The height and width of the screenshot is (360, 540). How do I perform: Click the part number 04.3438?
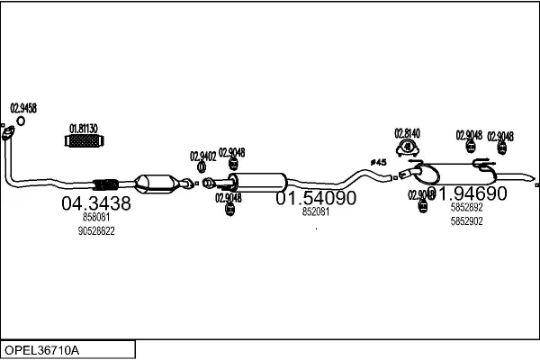pyautogui.click(x=95, y=204)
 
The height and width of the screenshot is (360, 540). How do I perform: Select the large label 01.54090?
pyautogui.click(x=315, y=198)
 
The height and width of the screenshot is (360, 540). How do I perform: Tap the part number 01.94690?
pyautogui.click(x=467, y=193)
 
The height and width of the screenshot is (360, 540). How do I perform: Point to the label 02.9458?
pyautogui.click(x=23, y=108)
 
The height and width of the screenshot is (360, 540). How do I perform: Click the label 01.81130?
pyautogui.click(x=84, y=128)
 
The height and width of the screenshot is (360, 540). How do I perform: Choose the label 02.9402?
pyautogui.click(x=202, y=156)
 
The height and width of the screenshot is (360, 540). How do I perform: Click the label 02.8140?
pyautogui.click(x=407, y=132)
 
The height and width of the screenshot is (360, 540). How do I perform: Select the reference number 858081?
pyautogui.click(x=95, y=218)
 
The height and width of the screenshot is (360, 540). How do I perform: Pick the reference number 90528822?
pyautogui.click(x=98, y=231)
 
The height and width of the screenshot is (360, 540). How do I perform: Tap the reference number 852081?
pyautogui.click(x=315, y=212)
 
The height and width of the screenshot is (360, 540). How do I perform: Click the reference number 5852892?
pyautogui.click(x=466, y=207)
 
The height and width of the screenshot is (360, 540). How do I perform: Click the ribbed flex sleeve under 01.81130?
pyautogui.click(x=85, y=142)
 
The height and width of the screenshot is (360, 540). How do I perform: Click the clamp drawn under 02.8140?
pyautogui.click(x=408, y=148)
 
